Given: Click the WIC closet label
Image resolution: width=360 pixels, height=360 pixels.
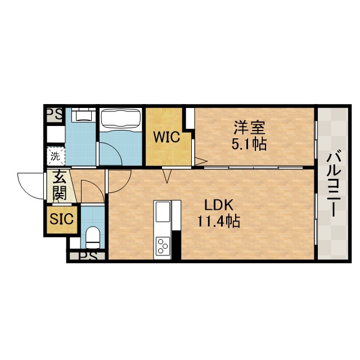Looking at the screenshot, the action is point(166,137).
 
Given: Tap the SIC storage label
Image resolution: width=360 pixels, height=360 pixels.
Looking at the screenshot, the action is point(61,219).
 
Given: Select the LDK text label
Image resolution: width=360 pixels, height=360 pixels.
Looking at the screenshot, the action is point(219,205).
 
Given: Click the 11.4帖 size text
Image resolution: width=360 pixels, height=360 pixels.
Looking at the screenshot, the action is point(219,221).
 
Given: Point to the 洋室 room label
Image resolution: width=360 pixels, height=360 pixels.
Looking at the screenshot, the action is point(250,128).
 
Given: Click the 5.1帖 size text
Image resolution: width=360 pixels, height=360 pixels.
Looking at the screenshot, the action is point(249,144).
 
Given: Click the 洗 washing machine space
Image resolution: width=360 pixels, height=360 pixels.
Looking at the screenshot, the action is point(56,156).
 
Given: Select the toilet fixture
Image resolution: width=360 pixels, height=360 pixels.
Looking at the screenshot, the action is point(93,237).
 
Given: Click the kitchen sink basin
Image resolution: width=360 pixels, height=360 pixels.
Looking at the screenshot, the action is point(163,212).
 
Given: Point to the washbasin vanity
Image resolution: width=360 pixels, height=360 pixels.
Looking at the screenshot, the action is point(84,114).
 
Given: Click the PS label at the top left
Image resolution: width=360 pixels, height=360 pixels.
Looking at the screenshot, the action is point(55,114).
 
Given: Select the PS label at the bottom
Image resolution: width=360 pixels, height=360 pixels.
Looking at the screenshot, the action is point(88,256).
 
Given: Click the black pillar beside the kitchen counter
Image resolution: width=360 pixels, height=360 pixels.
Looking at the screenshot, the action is point(176,245).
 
